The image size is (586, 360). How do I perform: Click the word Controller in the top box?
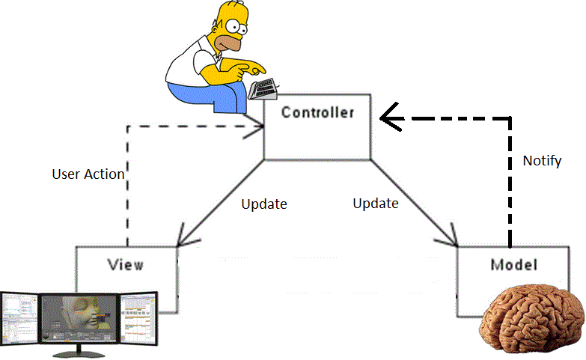[x=317, y=113]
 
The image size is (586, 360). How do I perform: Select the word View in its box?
[x=125, y=264]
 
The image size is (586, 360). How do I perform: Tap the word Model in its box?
[x=513, y=264]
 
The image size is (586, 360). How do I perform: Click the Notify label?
[x=542, y=161]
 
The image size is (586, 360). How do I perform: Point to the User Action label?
[x=88, y=174]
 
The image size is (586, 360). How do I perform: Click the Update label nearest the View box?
[x=264, y=204]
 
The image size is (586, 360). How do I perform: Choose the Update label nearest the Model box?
[x=375, y=203]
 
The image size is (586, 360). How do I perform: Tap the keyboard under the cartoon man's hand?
[x=263, y=89]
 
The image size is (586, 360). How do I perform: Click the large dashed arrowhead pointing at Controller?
[x=390, y=117]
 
